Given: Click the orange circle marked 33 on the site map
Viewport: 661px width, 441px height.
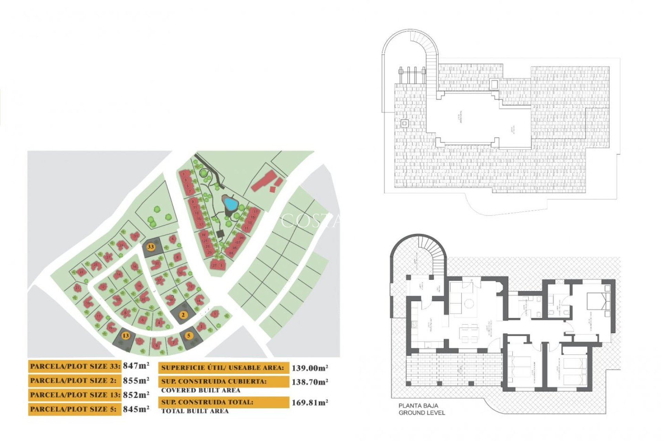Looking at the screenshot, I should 150,247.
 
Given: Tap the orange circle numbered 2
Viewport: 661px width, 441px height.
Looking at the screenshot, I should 183,315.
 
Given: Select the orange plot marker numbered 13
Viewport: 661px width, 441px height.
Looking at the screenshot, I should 126,336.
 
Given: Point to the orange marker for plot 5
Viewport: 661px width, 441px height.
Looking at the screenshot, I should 188,336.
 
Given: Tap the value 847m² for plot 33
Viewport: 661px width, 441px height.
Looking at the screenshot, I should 136,366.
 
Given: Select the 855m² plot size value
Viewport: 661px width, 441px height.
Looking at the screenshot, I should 136,380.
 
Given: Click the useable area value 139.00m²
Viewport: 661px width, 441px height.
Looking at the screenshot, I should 309,368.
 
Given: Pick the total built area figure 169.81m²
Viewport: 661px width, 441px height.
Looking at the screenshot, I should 309,402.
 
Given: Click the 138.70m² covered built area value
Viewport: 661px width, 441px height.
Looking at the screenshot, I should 309,382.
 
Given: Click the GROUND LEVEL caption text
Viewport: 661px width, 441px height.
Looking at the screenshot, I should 422,413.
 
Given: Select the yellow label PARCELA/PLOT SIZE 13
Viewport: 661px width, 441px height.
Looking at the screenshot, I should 75,395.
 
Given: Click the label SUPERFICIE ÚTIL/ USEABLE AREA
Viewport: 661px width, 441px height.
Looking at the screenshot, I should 223,368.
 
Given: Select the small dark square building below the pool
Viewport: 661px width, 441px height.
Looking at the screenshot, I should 220,234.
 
